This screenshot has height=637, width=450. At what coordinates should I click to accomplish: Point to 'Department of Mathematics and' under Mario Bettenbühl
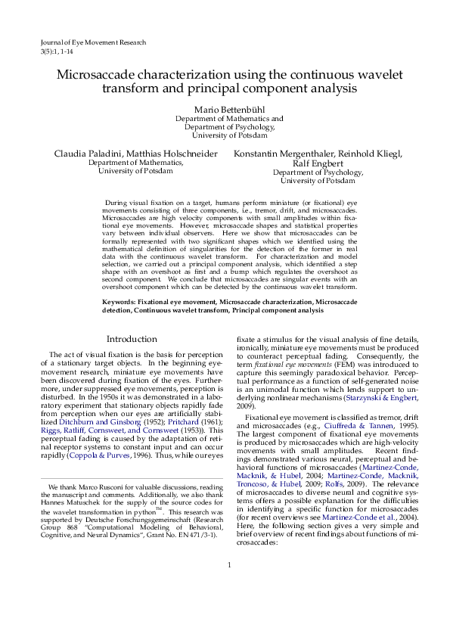229,119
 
